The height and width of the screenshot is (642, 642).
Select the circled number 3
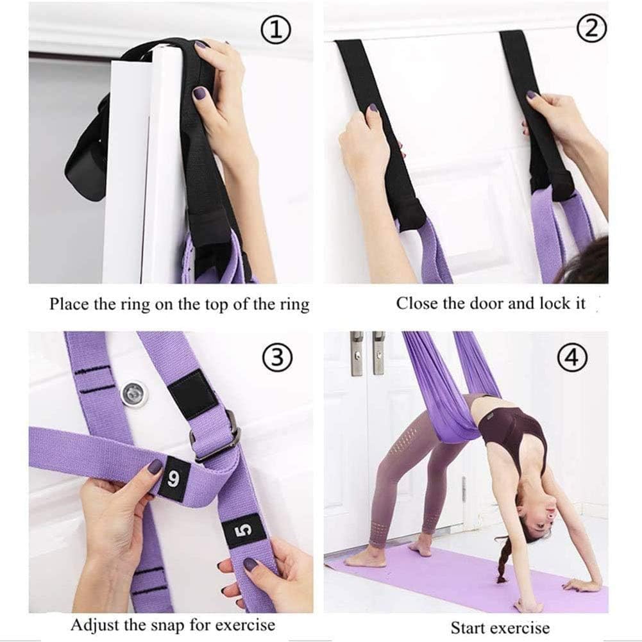pyautogui.click(x=276, y=358)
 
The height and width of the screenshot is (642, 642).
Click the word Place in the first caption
pyautogui.click(x=69, y=304)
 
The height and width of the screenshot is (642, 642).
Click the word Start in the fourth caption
pyautogui.click(x=468, y=627)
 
